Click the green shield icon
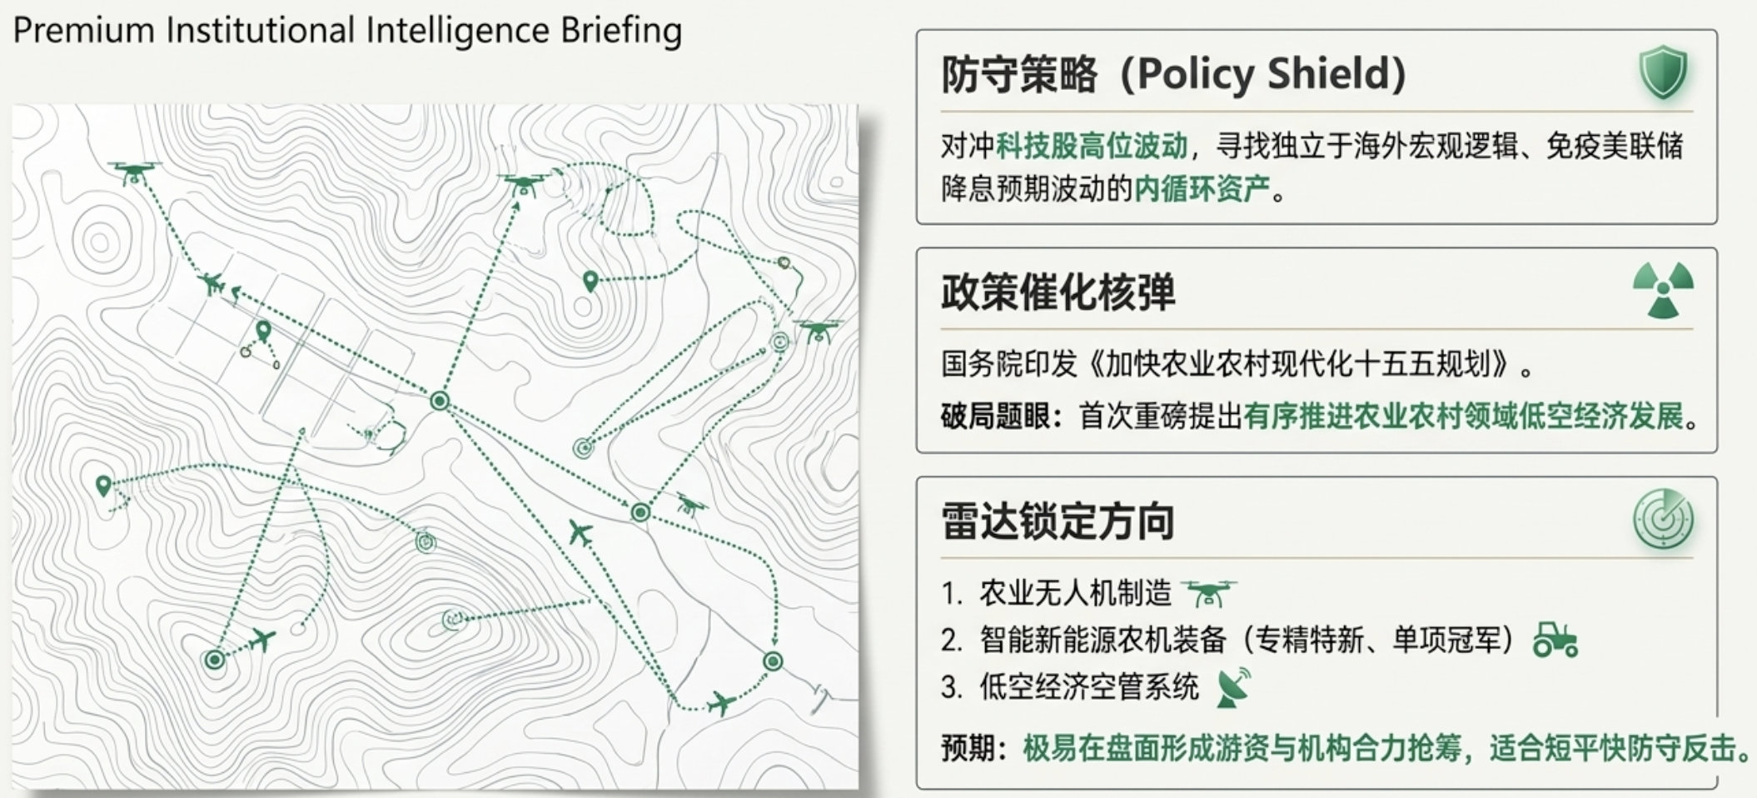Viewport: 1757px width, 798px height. click(1663, 72)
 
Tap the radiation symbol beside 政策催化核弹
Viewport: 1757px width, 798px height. click(1663, 290)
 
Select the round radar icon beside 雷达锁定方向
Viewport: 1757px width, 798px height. click(1663, 519)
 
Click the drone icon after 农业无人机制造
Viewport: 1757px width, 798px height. click(1208, 594)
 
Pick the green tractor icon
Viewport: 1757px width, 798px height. click(1555, 640)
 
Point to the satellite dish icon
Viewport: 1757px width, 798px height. click(1233, 687)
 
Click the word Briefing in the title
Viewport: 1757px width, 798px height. click(621, 32)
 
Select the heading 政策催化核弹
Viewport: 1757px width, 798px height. click(1058, 292)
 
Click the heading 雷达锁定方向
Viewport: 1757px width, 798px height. click(1058, 522)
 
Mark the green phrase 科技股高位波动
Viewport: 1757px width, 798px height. click(1092, 146)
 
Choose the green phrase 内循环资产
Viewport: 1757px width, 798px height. click(1202, 189)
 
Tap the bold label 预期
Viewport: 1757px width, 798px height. click(968, 748)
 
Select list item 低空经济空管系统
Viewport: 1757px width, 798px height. click(1089, 687)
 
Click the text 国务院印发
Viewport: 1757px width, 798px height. click(1009, 364)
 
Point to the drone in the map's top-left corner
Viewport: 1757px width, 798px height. click(134, 172)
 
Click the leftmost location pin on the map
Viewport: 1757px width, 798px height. click(103, 486)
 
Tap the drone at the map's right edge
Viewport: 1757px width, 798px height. click(817, 331)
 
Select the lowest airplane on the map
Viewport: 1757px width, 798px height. click(721, 703)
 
